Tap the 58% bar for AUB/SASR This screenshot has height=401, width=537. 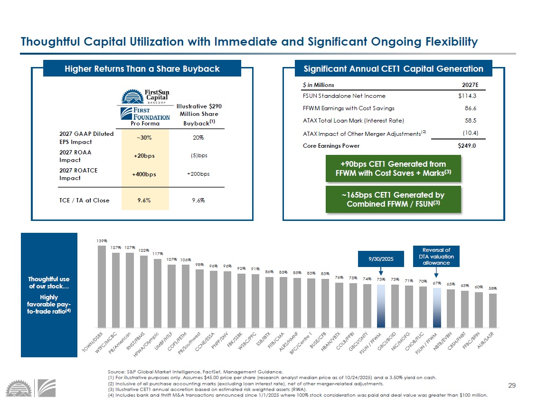[x=493, y=310]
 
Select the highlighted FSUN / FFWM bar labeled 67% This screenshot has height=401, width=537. [x=437, y=307]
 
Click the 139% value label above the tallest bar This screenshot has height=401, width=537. [x=102, y=241]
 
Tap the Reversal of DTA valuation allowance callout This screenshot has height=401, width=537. [x=437, y=256]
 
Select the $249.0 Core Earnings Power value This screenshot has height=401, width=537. [x=467, y=146]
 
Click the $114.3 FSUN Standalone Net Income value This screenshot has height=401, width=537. [x=467, y=96]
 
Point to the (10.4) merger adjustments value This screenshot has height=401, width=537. [x=470, y=133]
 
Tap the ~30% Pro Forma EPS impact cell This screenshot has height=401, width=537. [x=144, y=138]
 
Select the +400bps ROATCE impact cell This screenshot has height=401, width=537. [x=144, y=174]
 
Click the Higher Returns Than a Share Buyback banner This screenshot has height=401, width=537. [x=142, y=69]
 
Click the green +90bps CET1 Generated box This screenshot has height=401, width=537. [x=394, y=169]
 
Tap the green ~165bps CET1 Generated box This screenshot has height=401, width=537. [x=394, y=200]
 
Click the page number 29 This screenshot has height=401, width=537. [x=511, y=385]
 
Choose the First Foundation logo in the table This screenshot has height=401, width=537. [x=144, y=113]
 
